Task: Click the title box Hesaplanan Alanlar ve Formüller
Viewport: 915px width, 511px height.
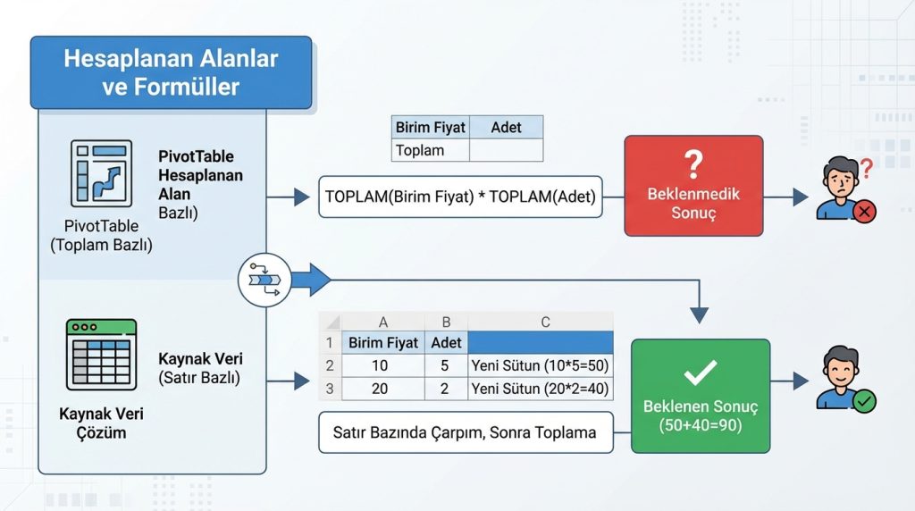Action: click(171, 73)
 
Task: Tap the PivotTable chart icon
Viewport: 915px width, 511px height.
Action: click(100, 173)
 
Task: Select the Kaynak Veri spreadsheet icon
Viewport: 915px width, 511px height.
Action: click(101, 355)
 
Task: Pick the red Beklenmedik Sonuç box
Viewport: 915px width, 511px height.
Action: click(693, 186)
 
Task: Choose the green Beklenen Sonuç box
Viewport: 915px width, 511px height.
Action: click(701, 396)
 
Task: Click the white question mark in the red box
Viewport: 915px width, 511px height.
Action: click(693, 164)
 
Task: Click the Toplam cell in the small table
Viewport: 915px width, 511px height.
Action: click(430, 150)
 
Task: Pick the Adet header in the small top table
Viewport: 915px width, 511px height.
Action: click(506, 128)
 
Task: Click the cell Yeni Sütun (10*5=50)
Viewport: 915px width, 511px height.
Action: click(540, 365)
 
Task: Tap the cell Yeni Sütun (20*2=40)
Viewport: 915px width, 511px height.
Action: click(540, 389)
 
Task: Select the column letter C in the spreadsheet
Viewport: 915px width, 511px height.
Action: click(545, 323)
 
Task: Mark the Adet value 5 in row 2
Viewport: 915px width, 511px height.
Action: click(446, 365)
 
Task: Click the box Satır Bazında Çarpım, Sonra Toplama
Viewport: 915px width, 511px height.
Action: click(466, 432)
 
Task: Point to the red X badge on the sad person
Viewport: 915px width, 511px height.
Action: click(865, 211)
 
